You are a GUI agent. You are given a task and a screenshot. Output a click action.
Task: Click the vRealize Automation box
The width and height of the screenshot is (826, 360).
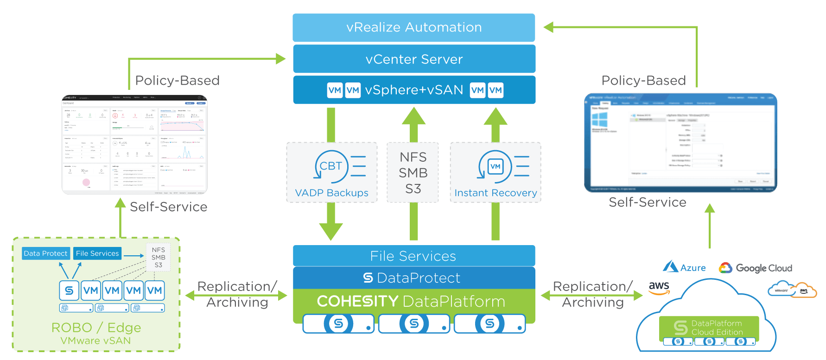point(413,27)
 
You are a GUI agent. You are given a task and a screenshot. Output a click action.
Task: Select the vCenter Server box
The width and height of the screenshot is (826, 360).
point(413,59)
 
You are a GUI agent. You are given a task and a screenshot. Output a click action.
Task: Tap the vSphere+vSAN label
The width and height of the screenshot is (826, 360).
point(414,90)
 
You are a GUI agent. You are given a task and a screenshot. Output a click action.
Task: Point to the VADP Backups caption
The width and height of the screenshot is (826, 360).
point(331,193)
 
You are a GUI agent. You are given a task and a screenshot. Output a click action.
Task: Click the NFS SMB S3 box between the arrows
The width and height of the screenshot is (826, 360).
point(413,173)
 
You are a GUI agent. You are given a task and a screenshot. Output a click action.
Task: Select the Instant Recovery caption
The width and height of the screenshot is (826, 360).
point(496,193)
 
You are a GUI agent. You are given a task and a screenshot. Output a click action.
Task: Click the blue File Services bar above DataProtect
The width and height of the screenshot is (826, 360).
point(413,256)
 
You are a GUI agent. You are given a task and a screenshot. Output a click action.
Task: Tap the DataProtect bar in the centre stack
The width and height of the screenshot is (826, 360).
point(413,278)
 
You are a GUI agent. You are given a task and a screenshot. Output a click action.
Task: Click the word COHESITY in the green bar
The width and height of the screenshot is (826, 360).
point(357,302)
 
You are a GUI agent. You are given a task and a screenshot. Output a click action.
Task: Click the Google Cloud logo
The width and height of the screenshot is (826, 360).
point(755,268)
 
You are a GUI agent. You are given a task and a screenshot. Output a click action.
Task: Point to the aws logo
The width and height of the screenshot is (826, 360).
point(659,287)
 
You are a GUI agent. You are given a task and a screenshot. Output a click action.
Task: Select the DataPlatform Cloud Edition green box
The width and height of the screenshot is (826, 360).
point(709,328)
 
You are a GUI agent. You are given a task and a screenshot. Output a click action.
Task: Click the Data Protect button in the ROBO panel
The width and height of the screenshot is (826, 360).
point(45,253)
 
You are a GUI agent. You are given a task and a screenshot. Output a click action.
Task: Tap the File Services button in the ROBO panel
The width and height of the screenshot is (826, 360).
point(97,253)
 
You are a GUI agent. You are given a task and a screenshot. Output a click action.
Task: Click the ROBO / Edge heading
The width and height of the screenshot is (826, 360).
point(96,328)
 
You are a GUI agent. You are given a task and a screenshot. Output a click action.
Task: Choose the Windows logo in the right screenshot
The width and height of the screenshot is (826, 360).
point(599,120)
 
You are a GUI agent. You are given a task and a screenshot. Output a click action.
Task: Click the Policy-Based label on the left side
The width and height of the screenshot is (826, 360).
point(177,81)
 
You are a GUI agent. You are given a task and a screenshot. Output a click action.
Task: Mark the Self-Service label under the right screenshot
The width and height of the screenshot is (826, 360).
point(647,202)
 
